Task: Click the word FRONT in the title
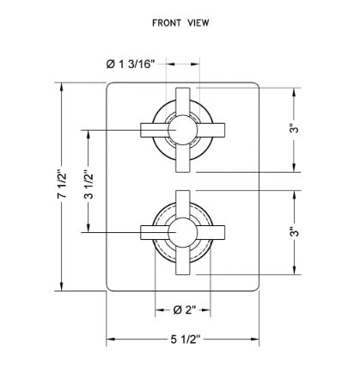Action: [x=167, y=23]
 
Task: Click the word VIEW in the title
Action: [x=198, y=23]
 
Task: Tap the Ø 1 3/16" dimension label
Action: [x=131, y=64]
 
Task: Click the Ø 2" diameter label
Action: [x=185, y=309]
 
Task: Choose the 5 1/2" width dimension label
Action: [x=185, y=340]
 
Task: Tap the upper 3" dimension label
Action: [x=294, y=128]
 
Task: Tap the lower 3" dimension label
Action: [x=294, y=231]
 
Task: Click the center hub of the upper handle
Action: [x=183, y=130]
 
